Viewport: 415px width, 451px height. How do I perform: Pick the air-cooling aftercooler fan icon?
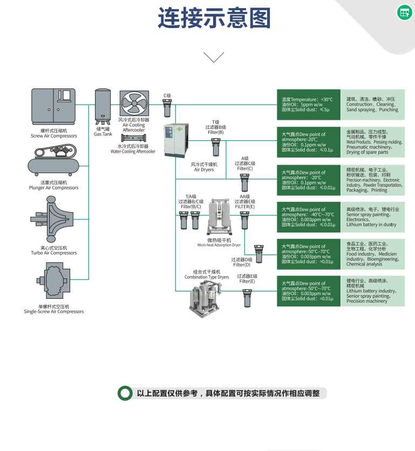point(134,104)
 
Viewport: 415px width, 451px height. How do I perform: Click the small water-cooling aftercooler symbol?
point(133,138)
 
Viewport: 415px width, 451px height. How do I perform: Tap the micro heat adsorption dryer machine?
point(219,216)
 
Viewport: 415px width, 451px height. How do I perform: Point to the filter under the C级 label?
point(167,110)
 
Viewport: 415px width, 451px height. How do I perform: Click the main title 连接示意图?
point(214,19)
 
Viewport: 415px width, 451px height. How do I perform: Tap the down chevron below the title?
point(214,57)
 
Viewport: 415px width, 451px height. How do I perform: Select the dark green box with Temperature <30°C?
point(309,104)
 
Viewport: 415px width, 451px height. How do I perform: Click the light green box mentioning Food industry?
point(373,254)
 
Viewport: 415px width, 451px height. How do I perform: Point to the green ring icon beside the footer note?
point(126,394)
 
